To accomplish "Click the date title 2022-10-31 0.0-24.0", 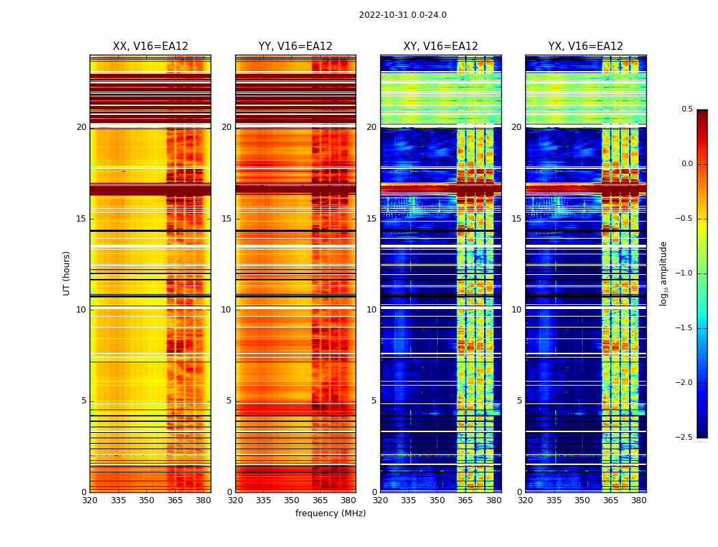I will (403, 15).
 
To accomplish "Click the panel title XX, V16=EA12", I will (150, 46).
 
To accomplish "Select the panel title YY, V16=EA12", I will (295, 46).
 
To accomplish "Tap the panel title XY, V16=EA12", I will (440, 46).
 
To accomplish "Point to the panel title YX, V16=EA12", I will (585, 46).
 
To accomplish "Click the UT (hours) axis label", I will (67, 273).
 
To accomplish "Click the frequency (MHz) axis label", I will (330, 513).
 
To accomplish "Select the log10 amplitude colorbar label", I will (663, 273).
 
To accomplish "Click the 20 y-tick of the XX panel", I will (81, 127).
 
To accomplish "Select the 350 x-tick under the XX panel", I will (146, 500).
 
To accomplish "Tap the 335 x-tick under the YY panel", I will (263, 500).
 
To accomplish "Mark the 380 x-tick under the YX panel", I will (639, 500).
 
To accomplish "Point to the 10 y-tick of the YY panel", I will (226, 310).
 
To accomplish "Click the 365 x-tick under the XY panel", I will (465, 500).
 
